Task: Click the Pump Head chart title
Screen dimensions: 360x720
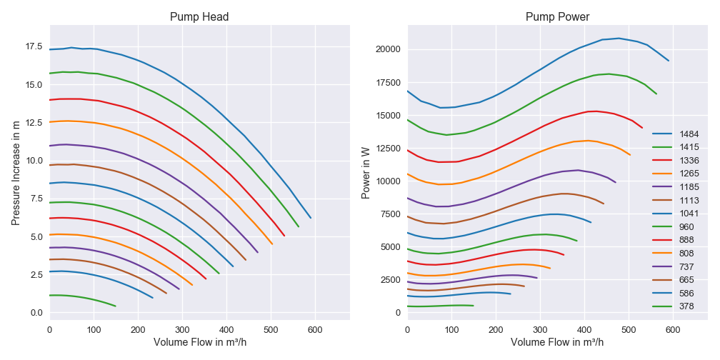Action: point(199,17)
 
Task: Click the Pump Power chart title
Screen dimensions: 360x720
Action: point(557,17)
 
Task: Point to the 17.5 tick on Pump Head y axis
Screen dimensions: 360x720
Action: point(33,47)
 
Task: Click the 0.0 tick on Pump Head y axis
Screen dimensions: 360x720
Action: point(36,313)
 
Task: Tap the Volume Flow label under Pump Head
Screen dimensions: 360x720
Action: point(199,342)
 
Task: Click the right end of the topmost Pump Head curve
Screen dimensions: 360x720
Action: point(311,218)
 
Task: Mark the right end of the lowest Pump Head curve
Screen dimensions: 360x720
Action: point(116,306)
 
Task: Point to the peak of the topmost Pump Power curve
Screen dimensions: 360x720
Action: point(619,39)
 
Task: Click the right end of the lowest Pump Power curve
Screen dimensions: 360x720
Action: point(474,306)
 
